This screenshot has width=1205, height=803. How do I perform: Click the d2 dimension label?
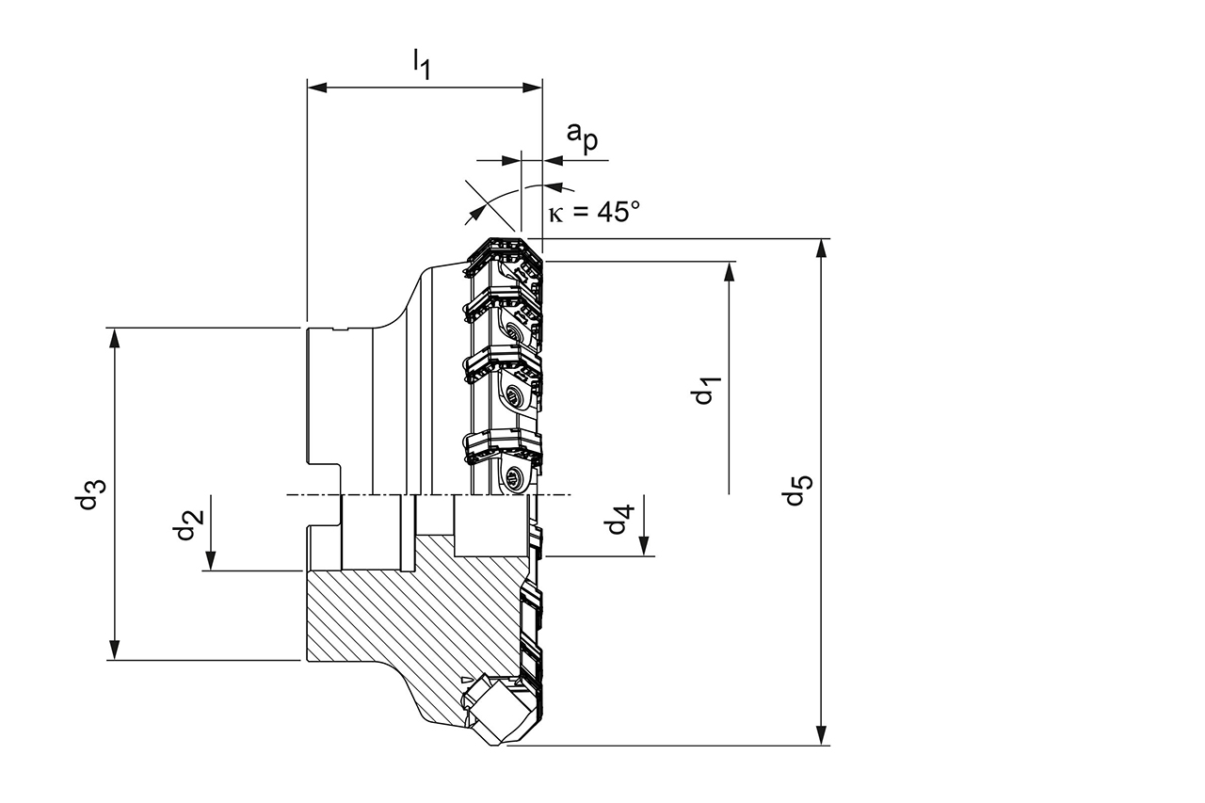point(185,524)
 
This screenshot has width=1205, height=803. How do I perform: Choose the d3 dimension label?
point(90,494)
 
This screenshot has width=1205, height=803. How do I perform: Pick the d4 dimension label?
point(619,520)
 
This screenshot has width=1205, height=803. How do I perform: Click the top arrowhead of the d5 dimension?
point(822,248)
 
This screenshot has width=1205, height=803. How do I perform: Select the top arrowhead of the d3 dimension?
point(115,337)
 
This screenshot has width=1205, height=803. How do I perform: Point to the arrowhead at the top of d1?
point(730,271)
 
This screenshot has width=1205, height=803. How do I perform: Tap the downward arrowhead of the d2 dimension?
point(212,561)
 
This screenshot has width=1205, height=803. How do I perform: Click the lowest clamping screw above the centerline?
point(514,477)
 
